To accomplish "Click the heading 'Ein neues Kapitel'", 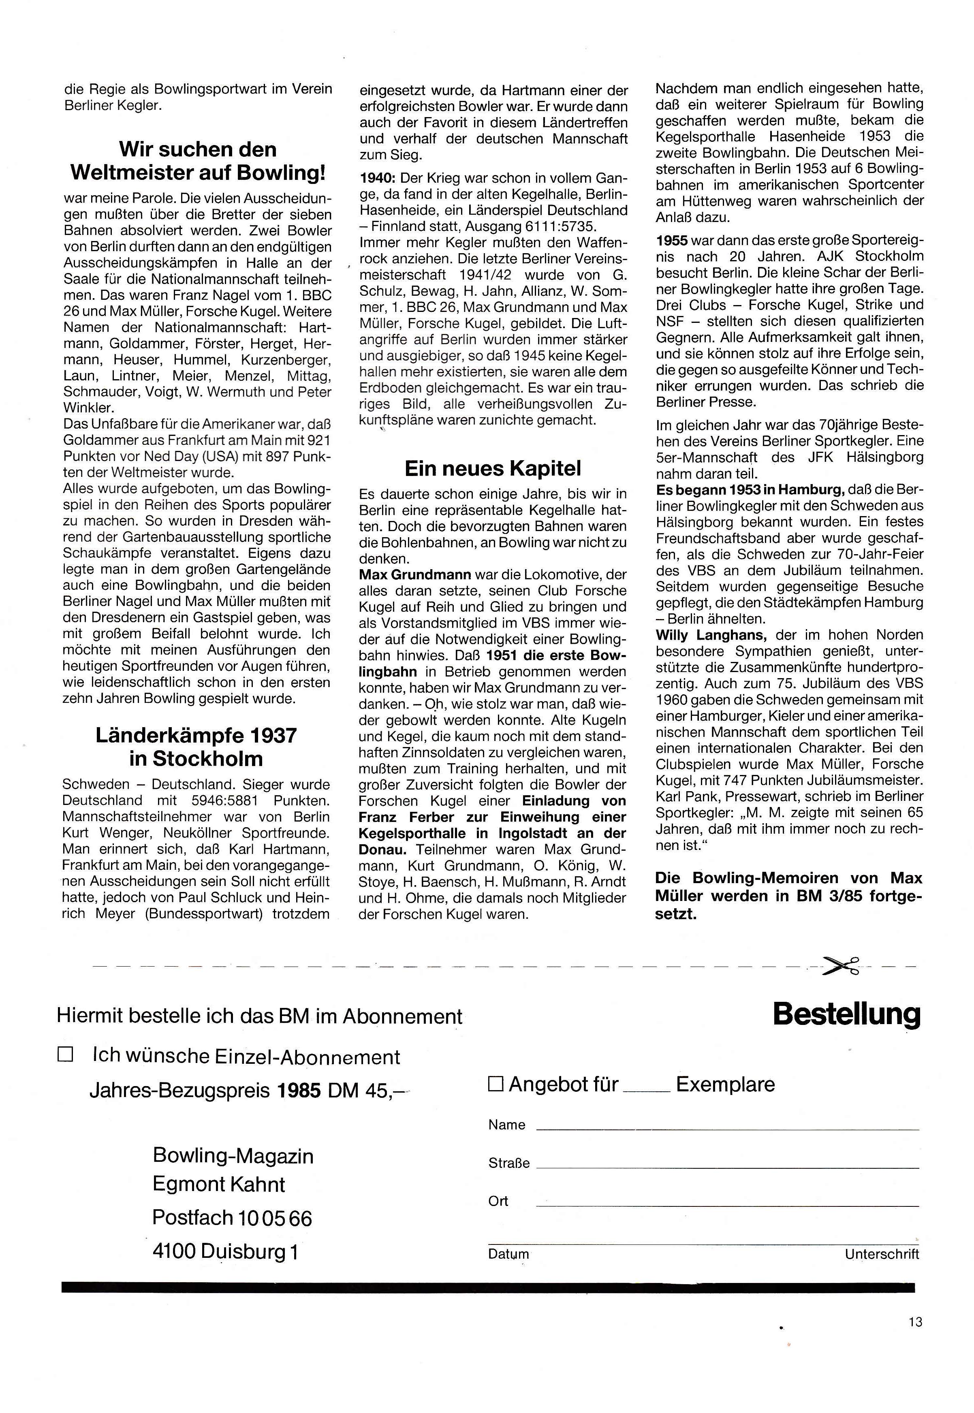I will point(493,469).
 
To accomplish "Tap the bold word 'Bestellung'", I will point(846,1015).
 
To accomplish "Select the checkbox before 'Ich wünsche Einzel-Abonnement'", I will point(65,1055).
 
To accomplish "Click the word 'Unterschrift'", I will point(882,1254).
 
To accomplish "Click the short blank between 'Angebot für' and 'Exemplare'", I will point(648,1090).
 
